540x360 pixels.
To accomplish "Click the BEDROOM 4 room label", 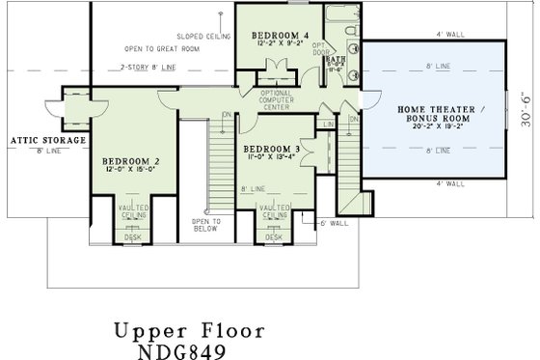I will pos(276,35).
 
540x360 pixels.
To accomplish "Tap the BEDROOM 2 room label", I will pos(132,160).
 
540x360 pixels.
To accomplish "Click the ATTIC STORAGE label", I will pos(47,140).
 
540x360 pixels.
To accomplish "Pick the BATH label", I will pos(336,58).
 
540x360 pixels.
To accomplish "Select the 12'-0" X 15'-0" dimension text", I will pos(132,169).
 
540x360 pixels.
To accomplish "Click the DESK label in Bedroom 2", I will pos(132,236).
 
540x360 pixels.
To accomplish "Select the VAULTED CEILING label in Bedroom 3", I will pos(274,210).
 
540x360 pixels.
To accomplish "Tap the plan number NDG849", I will pos(174,351).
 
